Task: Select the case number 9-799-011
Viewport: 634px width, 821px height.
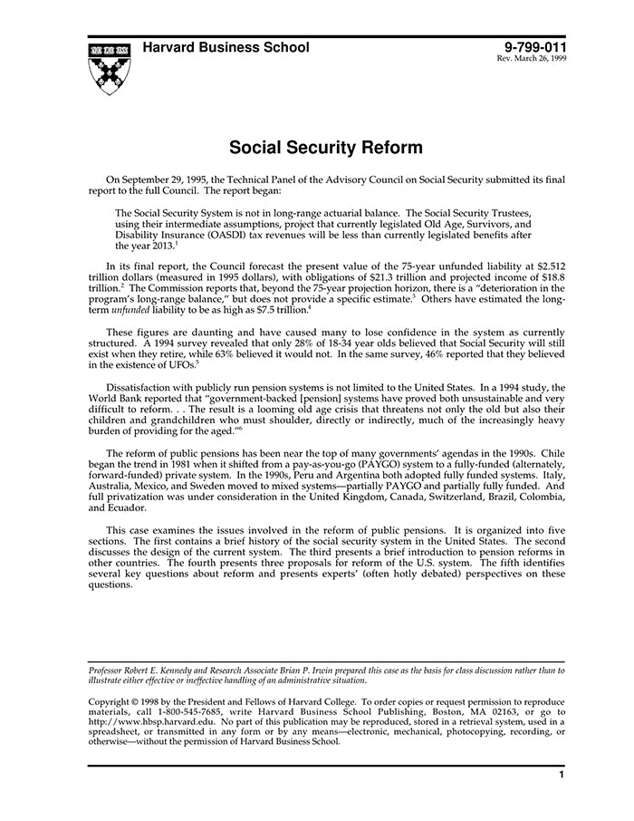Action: [x=533, y=47]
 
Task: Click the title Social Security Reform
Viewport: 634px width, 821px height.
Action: [x=325, y=147]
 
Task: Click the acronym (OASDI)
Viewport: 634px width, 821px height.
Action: [x=230, y=234]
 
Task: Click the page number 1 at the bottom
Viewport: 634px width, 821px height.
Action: [x=562, y=776]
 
